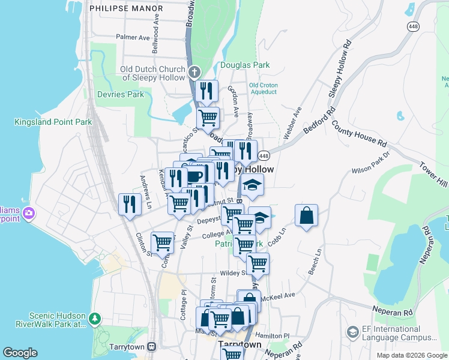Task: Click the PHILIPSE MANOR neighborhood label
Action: click(125, 9)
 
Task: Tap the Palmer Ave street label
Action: click(133, 37)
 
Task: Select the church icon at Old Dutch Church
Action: click(194, 73)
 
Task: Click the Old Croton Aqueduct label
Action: click(263, 89)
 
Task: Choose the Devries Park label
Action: click(121, 94)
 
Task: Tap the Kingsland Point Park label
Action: click(53, 122)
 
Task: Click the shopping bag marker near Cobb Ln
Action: click(306, 216)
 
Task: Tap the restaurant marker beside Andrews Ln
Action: click(130, 204)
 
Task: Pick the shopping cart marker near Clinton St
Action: click(162, 243)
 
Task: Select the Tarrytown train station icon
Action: click(152, 347)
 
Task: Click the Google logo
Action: click(20, 353)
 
